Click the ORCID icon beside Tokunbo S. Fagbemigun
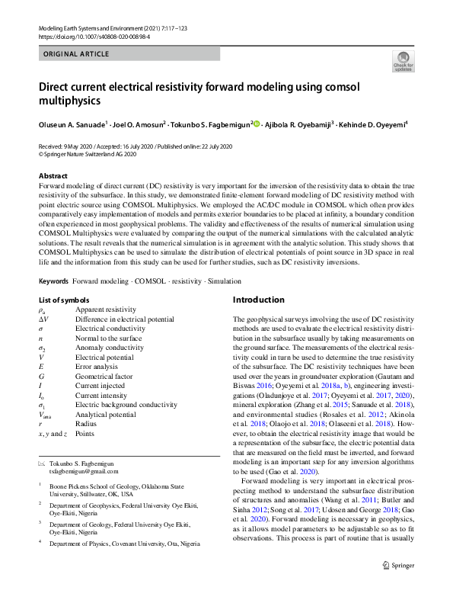coord(257,123)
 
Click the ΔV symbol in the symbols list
coord(43,319)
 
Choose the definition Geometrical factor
coord(104,376)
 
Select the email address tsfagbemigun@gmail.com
coord(79,473)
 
